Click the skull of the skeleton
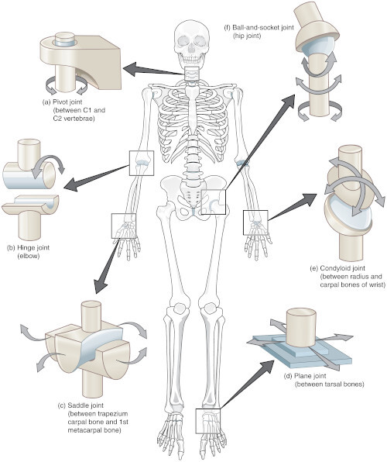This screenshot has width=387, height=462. [x=192, y=43]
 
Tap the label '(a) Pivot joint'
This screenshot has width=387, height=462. [x=63, y=102]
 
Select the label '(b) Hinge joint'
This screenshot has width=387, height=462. [x=29, y=247]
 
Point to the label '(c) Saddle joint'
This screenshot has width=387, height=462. [x=80, y=405]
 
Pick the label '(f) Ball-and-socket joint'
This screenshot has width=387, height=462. [x=259, y=28]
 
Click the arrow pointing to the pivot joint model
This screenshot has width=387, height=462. [x=153, y=70]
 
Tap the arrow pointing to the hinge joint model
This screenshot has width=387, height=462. [x=97, y=178]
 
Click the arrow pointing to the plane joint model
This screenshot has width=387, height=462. [x=247, y=384]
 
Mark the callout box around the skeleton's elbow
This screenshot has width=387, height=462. [x=142, y=164]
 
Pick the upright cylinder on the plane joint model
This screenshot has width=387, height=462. [x=301, y=327]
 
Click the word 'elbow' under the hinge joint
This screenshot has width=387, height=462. [x=29, y=256]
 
